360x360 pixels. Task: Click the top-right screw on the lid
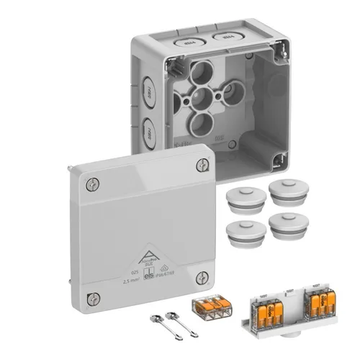click(x=202, y=166)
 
